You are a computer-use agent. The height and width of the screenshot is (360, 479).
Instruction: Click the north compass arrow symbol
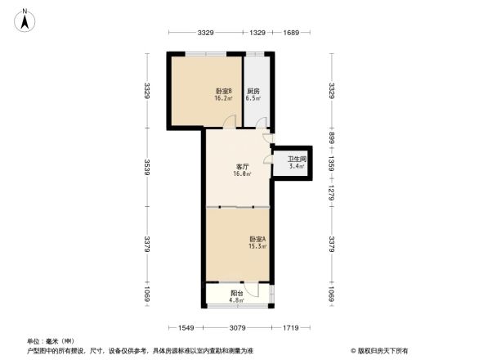point(25,19)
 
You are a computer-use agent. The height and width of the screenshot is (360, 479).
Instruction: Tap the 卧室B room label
point(223,90)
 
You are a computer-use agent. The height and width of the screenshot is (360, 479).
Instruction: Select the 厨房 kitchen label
point(253,90)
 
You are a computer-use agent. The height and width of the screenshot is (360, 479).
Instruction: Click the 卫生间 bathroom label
point(296,160)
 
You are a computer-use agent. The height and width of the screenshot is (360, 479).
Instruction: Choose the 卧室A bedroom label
point(257,239)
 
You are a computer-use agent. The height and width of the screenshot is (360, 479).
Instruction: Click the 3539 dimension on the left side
point(148,170)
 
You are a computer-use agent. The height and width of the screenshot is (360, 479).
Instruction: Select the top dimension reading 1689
point(292,33)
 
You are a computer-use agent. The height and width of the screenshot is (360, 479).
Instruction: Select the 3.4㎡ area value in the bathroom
point(296,167)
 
